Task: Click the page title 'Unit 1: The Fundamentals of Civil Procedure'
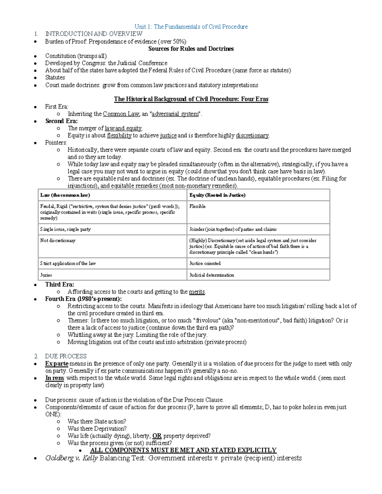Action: (x=191, y=27)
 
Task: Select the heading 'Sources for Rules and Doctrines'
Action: (x=191, y=49)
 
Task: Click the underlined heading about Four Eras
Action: (x=191, y=99)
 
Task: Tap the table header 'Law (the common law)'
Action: (x=65, y=195)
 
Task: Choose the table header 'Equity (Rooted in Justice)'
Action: (x=217, y=195)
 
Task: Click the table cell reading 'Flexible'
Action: (x=197, y=206)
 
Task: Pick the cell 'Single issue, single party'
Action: (x=65, y=229)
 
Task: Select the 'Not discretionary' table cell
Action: (x=58, y=240)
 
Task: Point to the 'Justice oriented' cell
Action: (x=205, y=263)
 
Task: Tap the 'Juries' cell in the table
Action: (x=46, y=275)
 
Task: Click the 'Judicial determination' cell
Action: (x=211, y=275)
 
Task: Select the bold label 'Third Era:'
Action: (x=60, y=284)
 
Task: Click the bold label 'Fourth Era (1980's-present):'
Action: (x=83, y=299)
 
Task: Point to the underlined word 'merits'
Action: (x=197, y=292)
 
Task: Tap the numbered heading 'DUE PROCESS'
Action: (x=66, y=356)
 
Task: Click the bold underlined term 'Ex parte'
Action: (x=57, y=364)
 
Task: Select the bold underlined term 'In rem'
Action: (x=54, y=378)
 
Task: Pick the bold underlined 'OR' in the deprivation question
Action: (x=157, y=436)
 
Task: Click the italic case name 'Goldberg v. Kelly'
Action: (x=71, y=458)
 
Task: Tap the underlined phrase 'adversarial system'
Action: (x=175, y=114)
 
